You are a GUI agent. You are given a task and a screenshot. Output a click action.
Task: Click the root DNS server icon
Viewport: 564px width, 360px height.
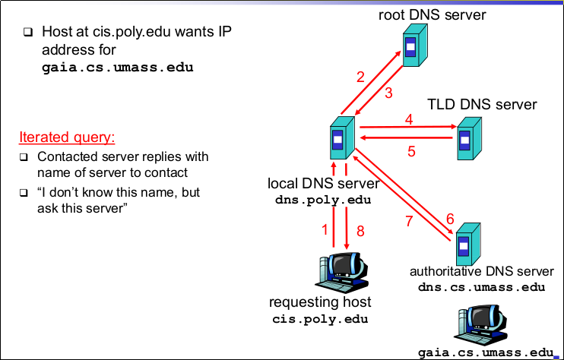pyautogui.click(x=412, y=47)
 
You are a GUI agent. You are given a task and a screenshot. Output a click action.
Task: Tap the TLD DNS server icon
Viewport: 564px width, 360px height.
pyautogui.click(x=468, y=137)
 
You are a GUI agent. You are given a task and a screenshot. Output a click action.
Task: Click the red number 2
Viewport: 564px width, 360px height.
pyautogui.click(x=360, y=77)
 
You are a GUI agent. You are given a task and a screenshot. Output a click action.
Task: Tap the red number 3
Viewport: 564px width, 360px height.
pyautogui.click(x=388, y=93)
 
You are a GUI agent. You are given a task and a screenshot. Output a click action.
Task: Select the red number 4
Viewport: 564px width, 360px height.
pyautogui.click(x=409, y=119)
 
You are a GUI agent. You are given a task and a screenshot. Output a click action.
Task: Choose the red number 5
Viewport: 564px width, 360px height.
pyautogui.click(x=411, y=150)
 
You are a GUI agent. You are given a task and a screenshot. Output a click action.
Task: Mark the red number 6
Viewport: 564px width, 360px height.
pyautogui.click(x=450, y=219)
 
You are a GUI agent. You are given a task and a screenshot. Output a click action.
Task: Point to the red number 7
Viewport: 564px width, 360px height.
pyautogui.click(x=409, y=222)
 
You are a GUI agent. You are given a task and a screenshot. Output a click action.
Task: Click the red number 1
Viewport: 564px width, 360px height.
pyautogui.click(x=325, y=229)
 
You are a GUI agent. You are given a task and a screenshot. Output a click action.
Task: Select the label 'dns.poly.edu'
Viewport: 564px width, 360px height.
pyautogui.click(x=322, y=201)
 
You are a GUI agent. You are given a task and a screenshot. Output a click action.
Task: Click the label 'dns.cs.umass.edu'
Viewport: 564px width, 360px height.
pyautogui.click(x=481, y=287)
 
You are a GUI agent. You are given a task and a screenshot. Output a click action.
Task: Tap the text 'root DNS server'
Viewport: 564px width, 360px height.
pyautogui.click(x=432, y=14)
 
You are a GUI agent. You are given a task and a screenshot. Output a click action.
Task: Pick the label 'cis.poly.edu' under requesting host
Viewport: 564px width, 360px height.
pyautogui.click(x=320, y=319)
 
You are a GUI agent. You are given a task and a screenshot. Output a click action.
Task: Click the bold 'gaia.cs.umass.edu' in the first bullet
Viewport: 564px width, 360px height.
pyautogui.click(x=117, y=67)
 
